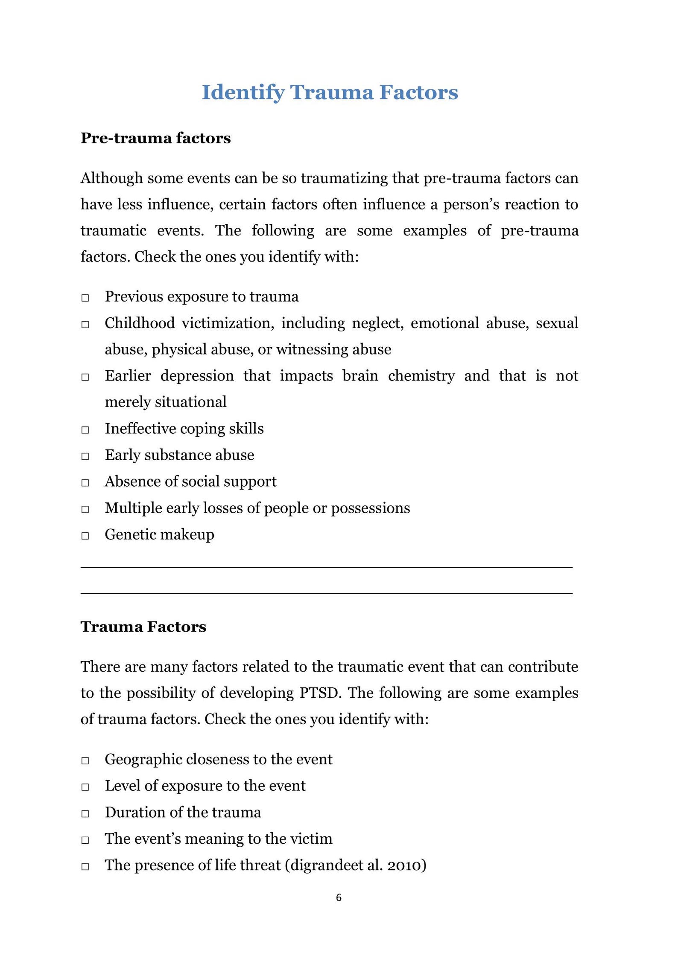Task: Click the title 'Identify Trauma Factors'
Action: pos(330,92)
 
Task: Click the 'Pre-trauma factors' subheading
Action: pos(155,138)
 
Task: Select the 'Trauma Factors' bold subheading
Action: pos(143,627)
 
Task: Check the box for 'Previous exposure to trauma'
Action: pos(85,298)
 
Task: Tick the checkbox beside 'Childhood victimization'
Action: pos(85,324)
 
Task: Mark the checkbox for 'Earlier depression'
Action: pos(85,377)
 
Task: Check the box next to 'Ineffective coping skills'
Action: pos(85,430)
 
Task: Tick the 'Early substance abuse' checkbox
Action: pos(85,456)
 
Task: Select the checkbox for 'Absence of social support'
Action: pos(85,483)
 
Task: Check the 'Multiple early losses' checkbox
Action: pos(85,509)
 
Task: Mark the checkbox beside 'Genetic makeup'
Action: pos(85,536)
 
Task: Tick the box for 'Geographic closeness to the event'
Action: pos(85,761)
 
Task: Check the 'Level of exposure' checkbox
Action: pos(85,787)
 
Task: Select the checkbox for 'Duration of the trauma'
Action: pos(85,813)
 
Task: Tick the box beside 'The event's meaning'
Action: pos(85,840)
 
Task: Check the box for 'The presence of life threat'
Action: pos(85,866)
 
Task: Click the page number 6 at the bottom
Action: pos(339,897)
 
